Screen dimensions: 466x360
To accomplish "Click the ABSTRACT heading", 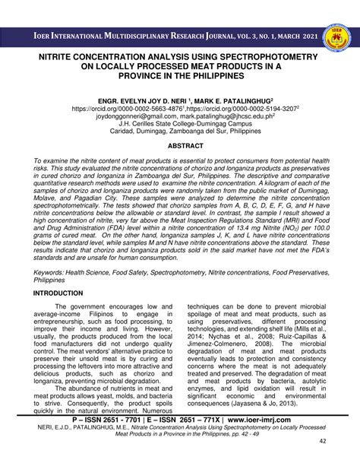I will pos(179,144).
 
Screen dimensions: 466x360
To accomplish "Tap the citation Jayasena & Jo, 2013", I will pos(254,404).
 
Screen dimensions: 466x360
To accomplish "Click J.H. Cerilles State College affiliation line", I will pos(179,126).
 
